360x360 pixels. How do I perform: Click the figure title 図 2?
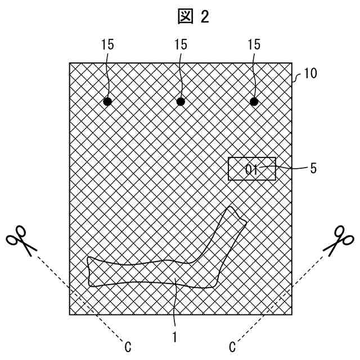[x=193, y=17]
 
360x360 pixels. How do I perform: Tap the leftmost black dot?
[x=107, y=102]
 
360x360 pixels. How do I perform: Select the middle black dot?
[x=181, y=102]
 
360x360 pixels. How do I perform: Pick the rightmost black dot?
[x=254, y=102]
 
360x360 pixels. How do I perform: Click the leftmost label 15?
[x=107, y=44]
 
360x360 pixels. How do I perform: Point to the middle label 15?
[x=181, y=44]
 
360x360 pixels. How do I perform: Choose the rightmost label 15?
[x=254, y=44]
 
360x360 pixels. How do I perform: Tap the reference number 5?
[x=313, y=167]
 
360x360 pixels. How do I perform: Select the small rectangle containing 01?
[x=252, y=169]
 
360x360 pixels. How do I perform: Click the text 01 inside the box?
[x=251, y=169]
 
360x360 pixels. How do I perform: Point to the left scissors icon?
[x=21, y=241]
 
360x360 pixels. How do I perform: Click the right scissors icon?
[x=340, y=241]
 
